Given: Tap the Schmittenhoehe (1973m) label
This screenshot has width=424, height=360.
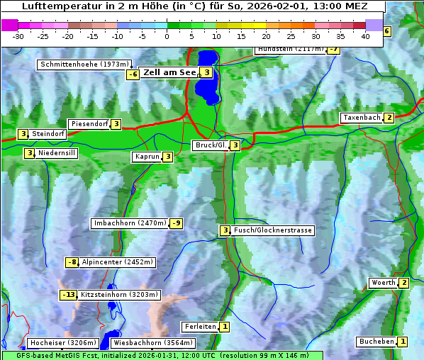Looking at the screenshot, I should (x=84, y=64).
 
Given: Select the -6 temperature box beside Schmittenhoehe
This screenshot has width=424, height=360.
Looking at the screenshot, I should (x=133, y=75).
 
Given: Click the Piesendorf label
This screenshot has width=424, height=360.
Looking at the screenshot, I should (x=89, y=124).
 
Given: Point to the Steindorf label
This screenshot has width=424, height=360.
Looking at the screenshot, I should (x=49, y=134).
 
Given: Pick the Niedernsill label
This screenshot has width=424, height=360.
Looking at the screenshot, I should (x=57, y=152).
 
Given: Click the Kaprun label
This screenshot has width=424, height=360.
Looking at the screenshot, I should (x=147, y=157).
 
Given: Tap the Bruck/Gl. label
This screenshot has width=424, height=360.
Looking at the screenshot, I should (x=211, y=145).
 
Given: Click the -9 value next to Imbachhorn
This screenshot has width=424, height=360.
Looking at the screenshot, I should (x=177, y=224).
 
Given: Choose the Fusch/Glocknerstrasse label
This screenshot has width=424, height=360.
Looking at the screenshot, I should (x=273, y=230).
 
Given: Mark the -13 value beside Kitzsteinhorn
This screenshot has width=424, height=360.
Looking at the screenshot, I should (x=68, y=295).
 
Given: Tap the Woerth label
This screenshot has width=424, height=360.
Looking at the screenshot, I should (x=383, y=283).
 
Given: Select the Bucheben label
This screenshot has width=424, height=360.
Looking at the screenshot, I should (x=376, y=342).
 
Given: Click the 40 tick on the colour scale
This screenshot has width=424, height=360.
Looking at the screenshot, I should (x=365, y=36).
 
